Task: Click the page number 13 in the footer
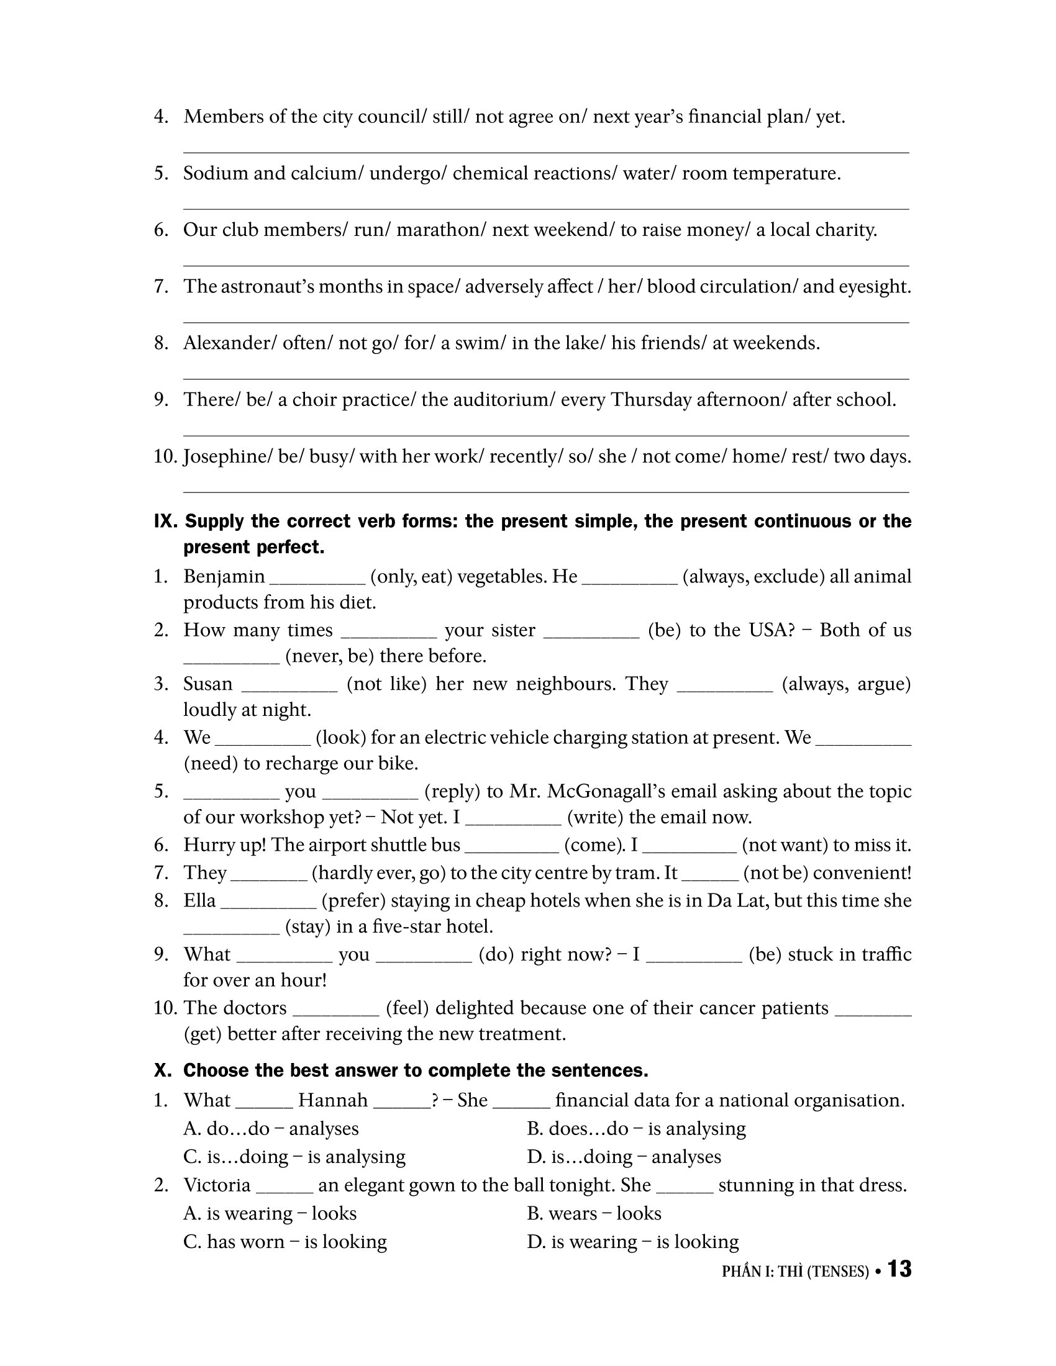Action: [899, 1269]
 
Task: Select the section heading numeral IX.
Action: [166, 521]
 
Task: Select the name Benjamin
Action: [224, 576]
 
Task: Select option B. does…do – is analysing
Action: [635, 1129]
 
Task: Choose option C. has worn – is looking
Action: [284, 1242]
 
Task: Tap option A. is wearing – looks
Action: [270, 1213]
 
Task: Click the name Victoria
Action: [216, 1185]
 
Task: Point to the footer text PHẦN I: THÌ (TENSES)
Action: [795, 1272]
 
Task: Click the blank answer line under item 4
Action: [545, 152]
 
